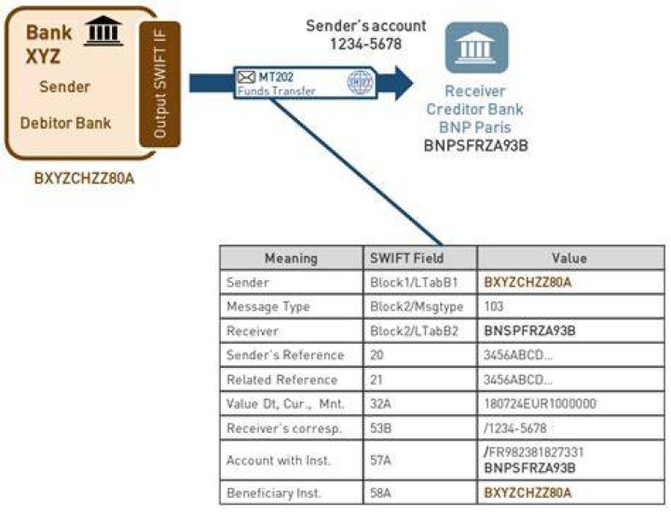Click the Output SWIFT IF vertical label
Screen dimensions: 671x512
[x=159, y=84]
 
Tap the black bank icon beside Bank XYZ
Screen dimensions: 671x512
[x=103, y=31]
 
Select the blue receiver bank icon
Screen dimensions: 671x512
[x=476, y=47]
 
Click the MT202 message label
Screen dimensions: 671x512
[x=276, y=77]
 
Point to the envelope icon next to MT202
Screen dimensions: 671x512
[x=246, y=77]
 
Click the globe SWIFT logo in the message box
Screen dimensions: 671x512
[x=360, y=82]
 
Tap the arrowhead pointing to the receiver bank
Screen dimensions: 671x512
[x=404, y=83]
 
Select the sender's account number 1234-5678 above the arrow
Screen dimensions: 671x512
[x=366, y=44]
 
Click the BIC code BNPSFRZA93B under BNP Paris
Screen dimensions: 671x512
[x=476, y=145]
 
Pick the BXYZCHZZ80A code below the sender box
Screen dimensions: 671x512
[x=84, y=178]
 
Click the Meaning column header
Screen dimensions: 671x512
[x=291, y=258]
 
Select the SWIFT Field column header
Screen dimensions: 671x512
[x=406, y=258]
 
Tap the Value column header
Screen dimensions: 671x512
[x=569, y=258]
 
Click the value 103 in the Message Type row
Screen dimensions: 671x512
[x=493, y=306]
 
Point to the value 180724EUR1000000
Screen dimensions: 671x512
[x=540, y=404]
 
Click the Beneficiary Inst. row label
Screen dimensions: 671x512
[x=273, y=493]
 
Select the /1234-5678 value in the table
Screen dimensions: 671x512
[x=514, y=428]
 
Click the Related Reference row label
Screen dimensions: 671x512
[x=281, y=380]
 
